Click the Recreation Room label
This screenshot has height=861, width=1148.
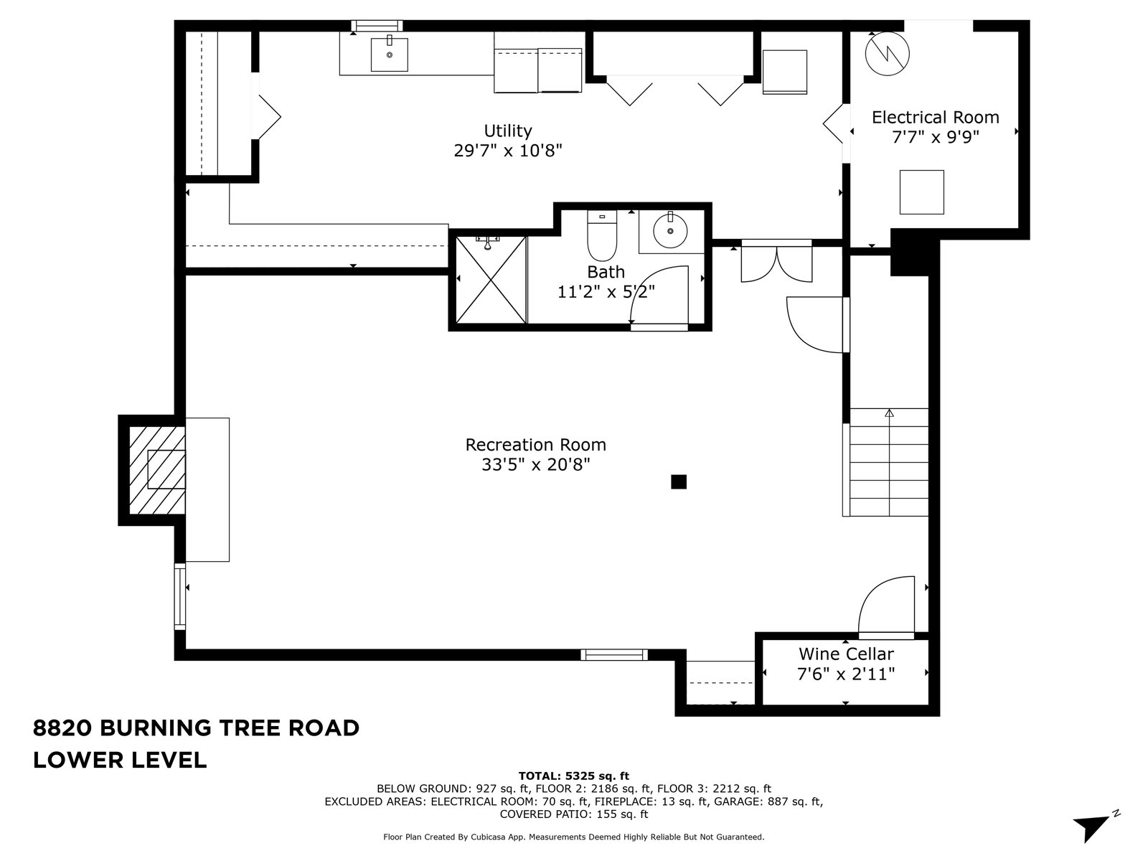click(x=535, y=445)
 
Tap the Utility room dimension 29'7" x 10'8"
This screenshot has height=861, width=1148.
click(x=508, y=151)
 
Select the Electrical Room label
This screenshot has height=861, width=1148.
click(x=935, y=117)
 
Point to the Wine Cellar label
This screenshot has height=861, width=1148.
click(x=846, y=654)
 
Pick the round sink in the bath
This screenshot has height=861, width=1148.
click(x=670, y=230)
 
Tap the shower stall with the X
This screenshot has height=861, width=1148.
click(x=491, y=280)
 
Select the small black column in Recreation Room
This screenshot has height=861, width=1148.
click(x=678, y=481)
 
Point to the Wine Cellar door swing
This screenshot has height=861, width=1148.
click(x=886, y=606)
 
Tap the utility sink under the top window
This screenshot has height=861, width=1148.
click(x=389, y=55)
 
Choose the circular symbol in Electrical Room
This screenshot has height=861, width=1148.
click(x=887, y=53)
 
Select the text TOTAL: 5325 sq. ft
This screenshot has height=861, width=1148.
click(x=574, y=776)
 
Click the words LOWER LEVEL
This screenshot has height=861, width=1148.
click(x=120, y=760)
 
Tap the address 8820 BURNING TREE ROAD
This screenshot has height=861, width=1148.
click(x=196, y=728)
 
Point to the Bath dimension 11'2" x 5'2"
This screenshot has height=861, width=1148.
click(x=606, y=292)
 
